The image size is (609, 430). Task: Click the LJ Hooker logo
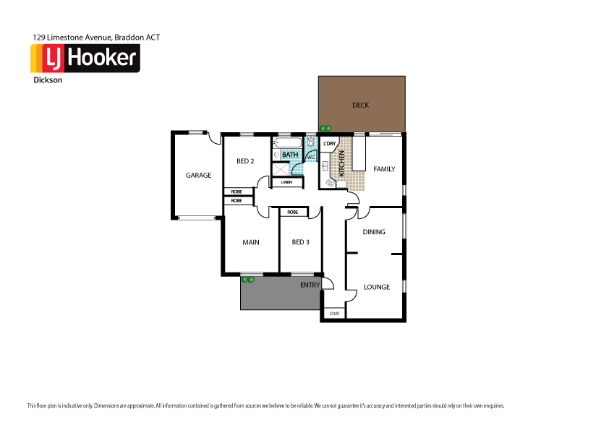85,58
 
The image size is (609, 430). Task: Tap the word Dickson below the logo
48,81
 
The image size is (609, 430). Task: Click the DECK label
360,106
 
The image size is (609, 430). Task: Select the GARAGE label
198,175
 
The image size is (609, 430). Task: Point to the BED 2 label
245,161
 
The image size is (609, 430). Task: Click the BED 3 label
300,242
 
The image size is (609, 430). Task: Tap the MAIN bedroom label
250,242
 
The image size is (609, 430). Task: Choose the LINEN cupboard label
286,182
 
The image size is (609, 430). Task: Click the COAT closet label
334,314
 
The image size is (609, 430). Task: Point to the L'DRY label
331,144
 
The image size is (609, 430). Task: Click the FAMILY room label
384,169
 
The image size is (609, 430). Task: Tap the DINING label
374,232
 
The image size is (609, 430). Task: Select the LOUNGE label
376,287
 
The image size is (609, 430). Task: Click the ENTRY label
310,285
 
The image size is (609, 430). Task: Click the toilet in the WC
311,142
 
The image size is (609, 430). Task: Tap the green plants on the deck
325,129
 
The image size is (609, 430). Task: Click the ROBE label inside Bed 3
292,212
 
